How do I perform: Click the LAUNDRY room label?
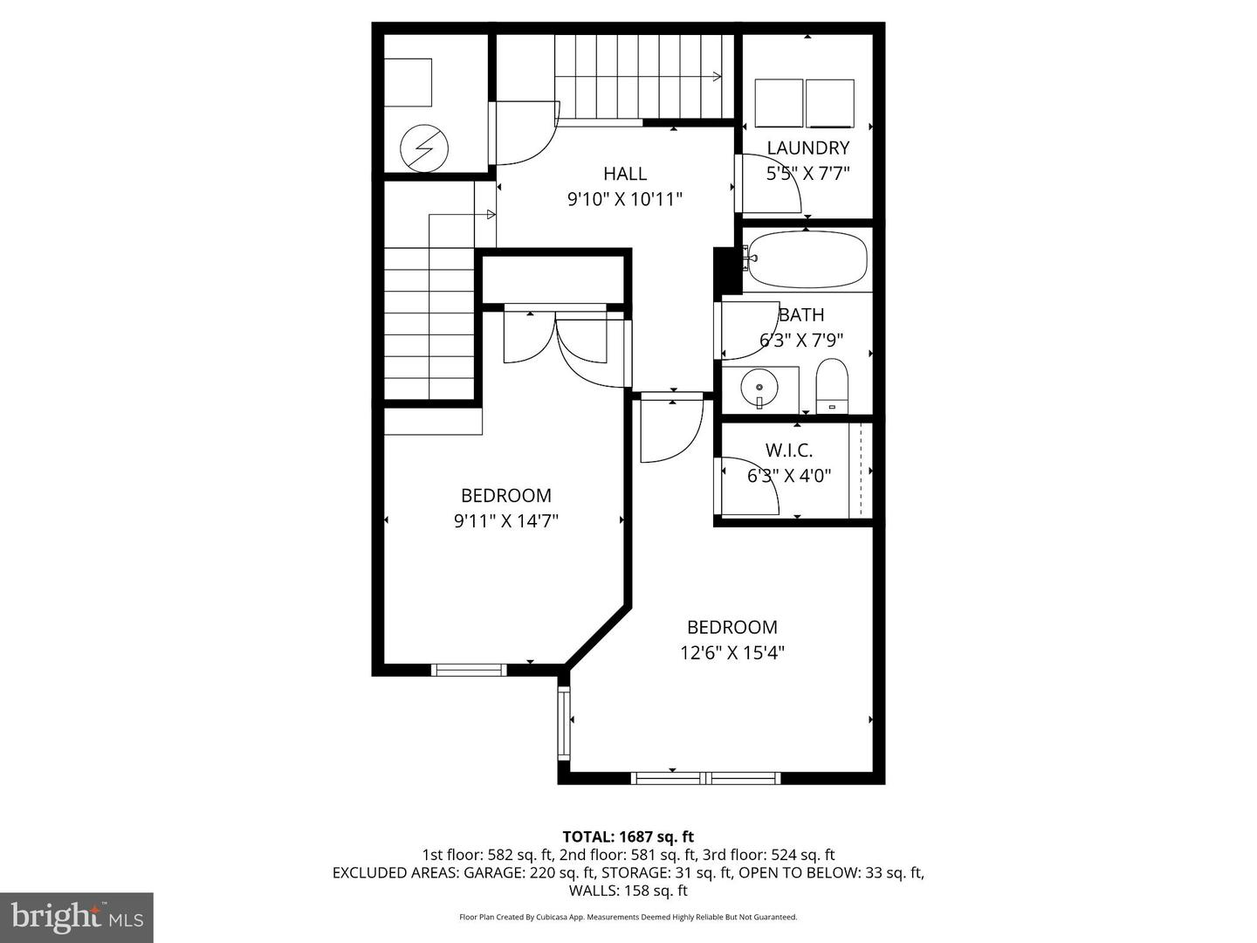[x=807, y=148]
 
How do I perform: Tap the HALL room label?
[x=625, y=174]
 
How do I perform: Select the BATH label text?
[x=801, y=314]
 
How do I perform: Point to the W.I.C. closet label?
[x=789, y=451]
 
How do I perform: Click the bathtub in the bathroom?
[x=807, y=259]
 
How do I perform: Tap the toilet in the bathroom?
[x=832, y=385]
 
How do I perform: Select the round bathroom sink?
[x=759, y=386]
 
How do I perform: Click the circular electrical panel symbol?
[x=424, y=149]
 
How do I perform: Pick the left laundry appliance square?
[x=779, y=104]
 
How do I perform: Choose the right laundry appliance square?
[x=830, y=104]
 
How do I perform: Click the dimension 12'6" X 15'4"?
[x=732, y=652]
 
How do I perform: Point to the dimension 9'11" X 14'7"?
[x=506, y=521]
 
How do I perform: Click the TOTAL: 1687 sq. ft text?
[x=628, y=837]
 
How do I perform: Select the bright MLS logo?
[x=77, y=917]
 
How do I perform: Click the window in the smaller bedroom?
[x=470, y=670]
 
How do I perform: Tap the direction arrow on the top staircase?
[x=716, y=76]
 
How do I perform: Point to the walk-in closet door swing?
[x=749, y=487]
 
